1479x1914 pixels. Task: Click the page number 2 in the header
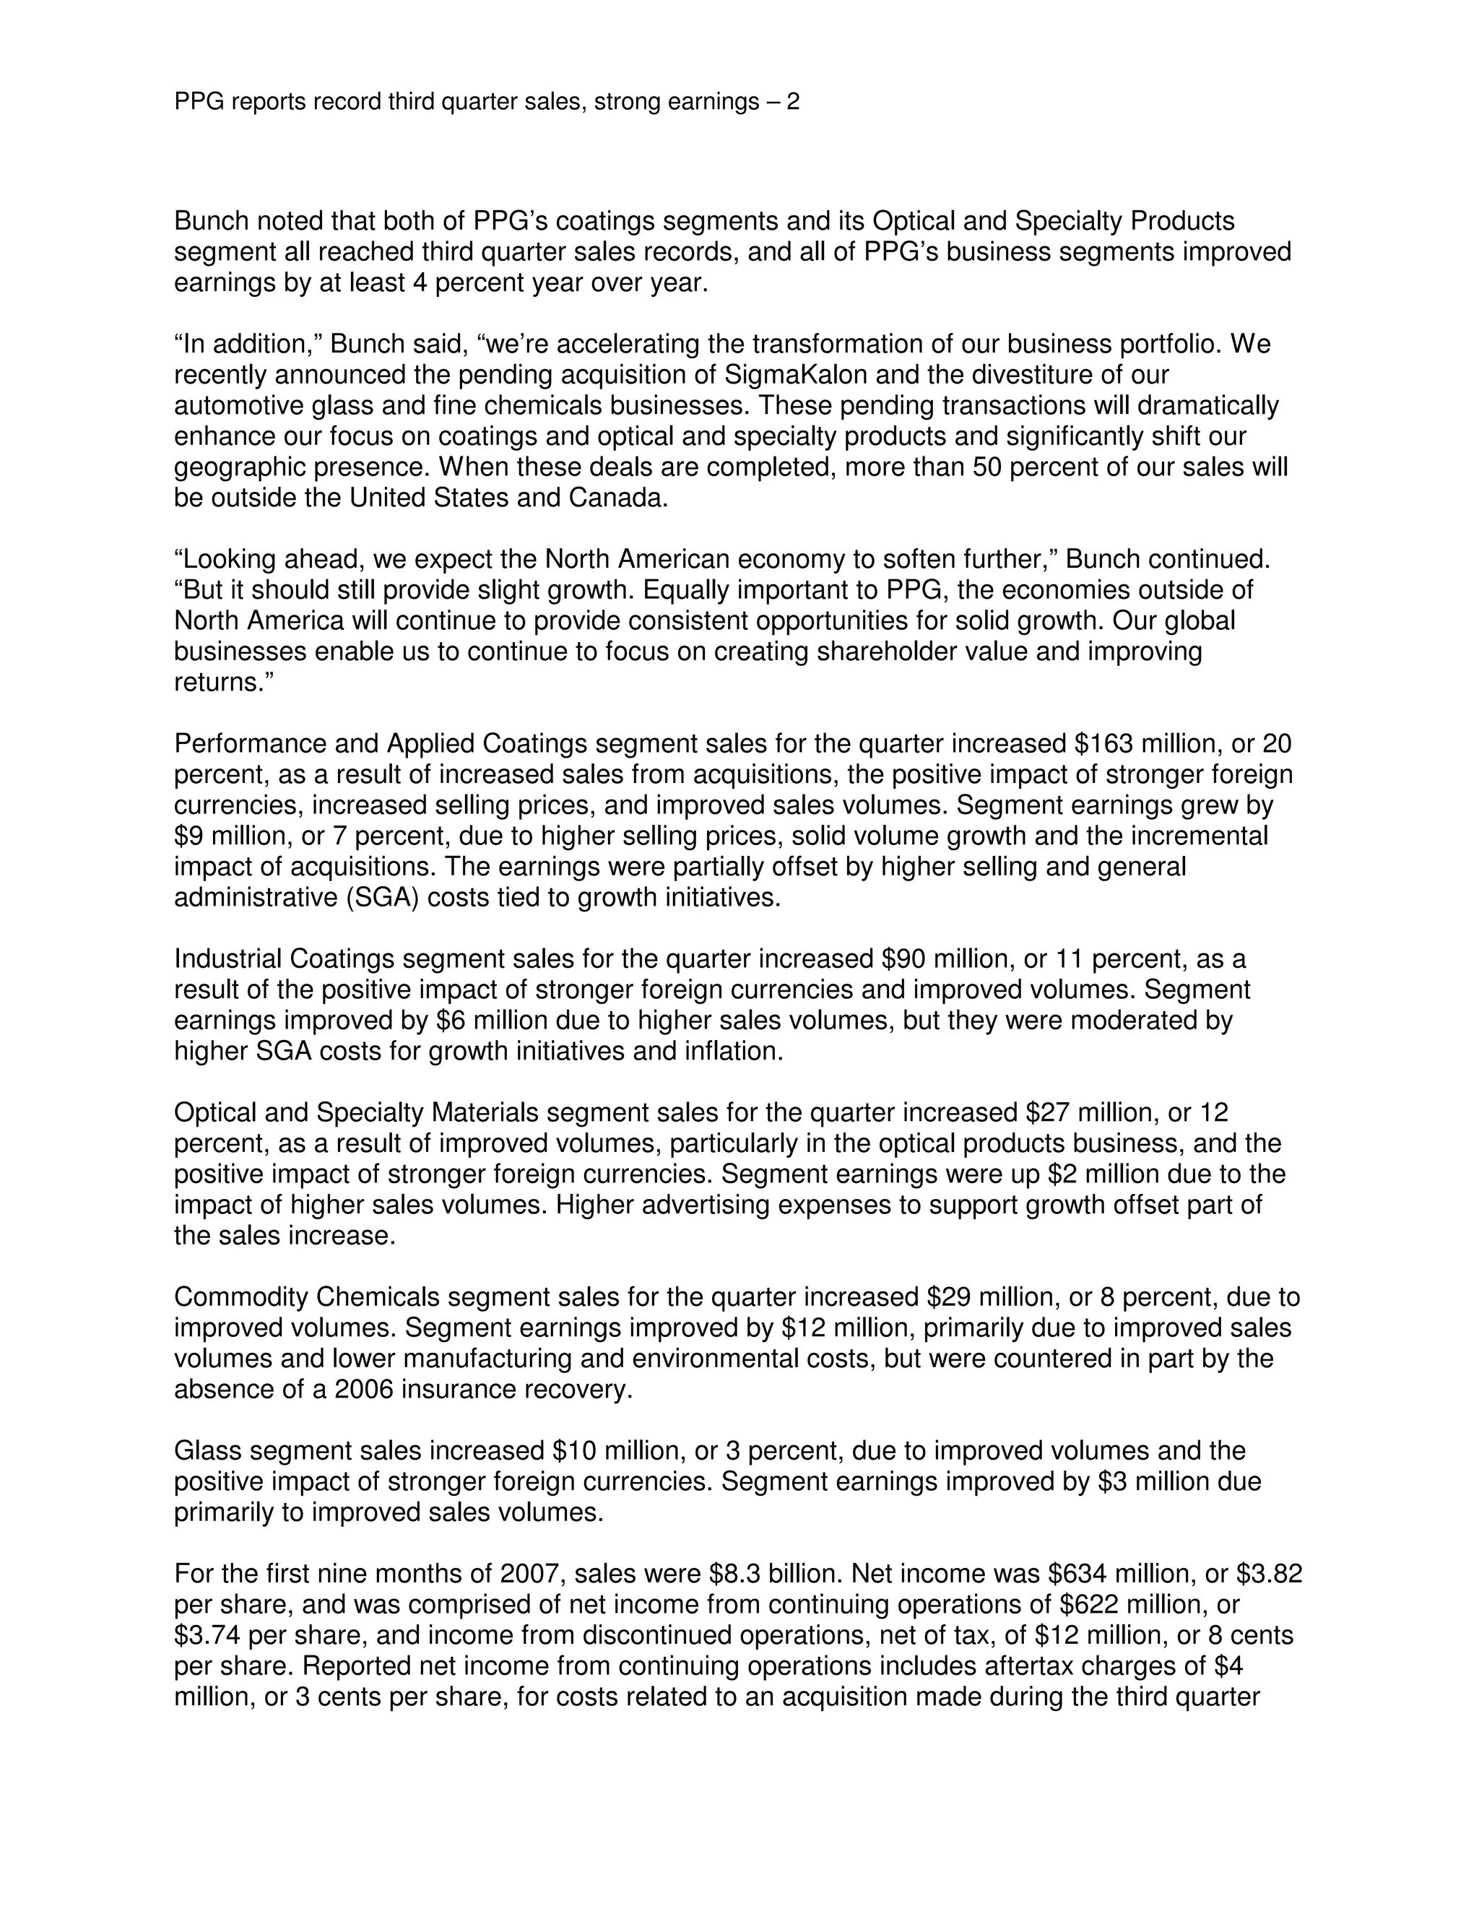click(x=792, y=103)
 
